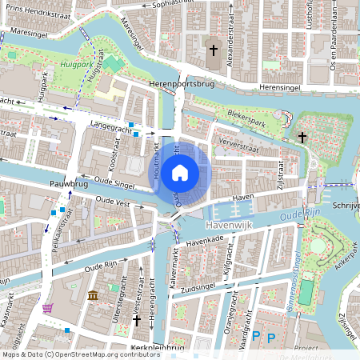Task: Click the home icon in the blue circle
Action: (x=180, y=171)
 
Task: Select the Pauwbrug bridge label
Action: (x=68, y=184)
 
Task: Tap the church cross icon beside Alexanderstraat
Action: (x=213, y=50)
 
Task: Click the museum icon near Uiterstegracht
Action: (x=94, y=297)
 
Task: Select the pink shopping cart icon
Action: (x=48, y=307)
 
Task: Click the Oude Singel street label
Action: (x=115, y=180)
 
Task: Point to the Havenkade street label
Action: (x=202, y=240)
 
